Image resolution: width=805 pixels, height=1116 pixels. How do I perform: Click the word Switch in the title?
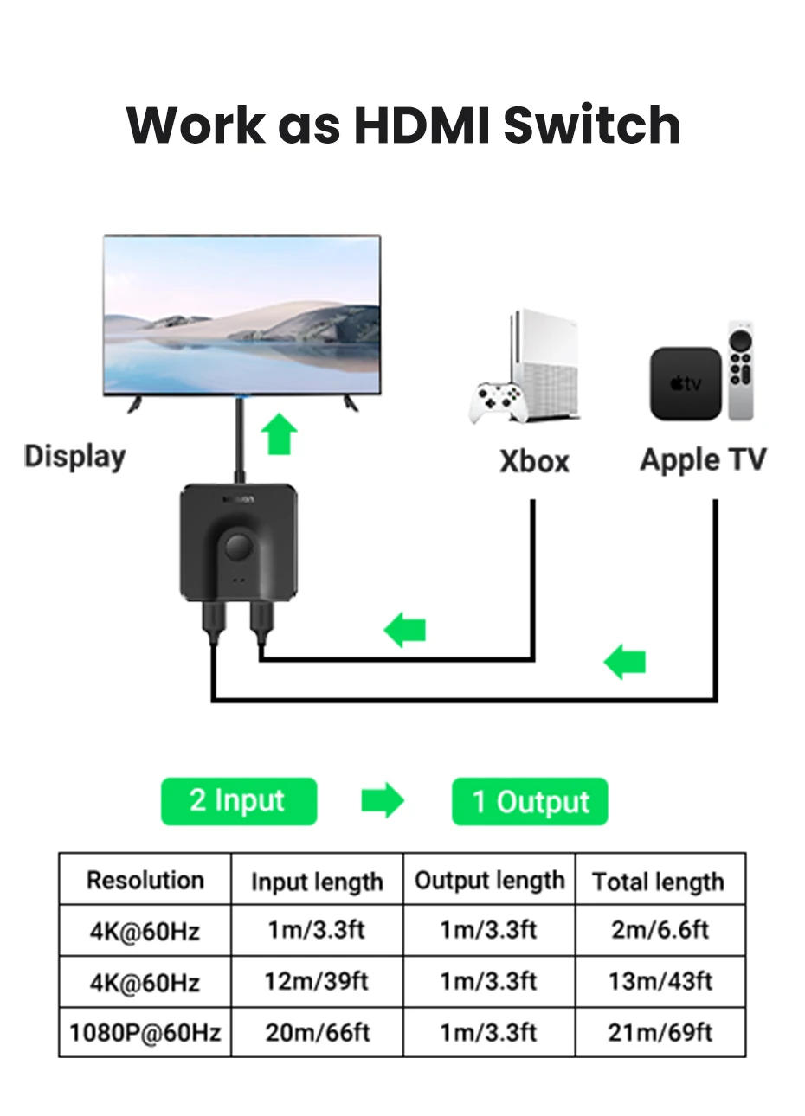tap(591, 125)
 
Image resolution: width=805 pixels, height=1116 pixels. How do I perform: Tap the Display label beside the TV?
tap(74, 456)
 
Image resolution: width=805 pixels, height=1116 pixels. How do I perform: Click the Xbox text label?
tap(534, 461)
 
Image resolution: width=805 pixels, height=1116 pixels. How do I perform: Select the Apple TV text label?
tap(703, 459)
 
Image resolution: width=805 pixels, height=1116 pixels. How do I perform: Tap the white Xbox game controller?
tap(498, 403)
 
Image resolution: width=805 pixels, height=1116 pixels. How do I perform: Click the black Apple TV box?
tap(685, 383)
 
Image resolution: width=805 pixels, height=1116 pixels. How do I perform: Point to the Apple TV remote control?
tap(740, 370)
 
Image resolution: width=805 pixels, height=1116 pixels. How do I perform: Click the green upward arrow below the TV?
tap(280, 434)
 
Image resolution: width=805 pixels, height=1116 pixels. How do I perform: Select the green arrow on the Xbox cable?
tap(405, 630)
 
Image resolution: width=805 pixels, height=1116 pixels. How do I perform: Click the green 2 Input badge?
tap(238, 801)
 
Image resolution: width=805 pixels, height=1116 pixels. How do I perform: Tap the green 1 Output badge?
tap(530, 802)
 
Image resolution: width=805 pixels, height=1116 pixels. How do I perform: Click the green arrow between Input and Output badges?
tap(383, 801)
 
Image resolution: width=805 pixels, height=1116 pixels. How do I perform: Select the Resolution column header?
tap(145, 880)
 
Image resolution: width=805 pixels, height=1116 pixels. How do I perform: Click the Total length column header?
tap(659, 882)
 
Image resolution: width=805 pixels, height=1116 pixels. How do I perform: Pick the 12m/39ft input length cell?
tap(316, 981)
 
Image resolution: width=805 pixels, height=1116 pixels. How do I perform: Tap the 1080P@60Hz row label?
tap(145, 1032)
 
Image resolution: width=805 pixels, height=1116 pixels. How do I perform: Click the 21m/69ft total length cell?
tap(660, 1032)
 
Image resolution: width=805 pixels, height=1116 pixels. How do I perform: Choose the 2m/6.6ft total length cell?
tap(660, 930)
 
